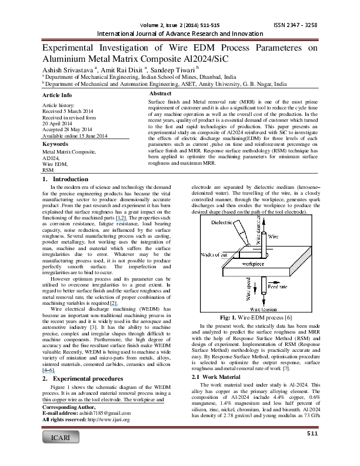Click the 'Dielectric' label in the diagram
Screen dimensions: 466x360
pos(222,223)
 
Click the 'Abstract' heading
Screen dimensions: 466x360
pos(160,94)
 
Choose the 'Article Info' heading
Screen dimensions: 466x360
pos(58,95)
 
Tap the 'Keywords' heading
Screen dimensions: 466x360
pos(56,144)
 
